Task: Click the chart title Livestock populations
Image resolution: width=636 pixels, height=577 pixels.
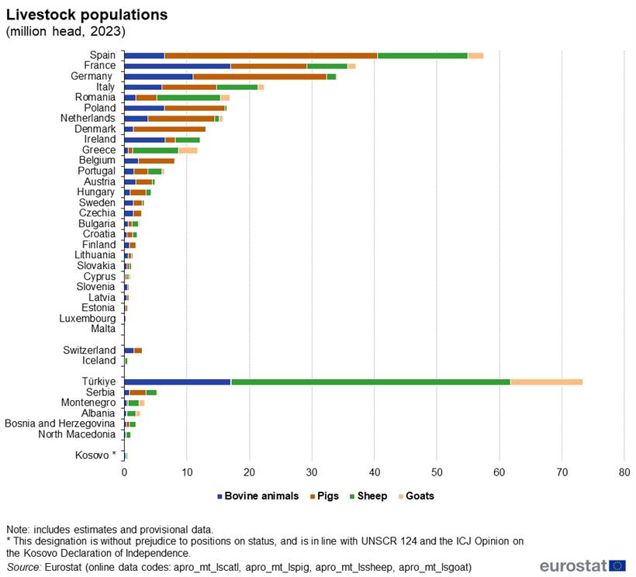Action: [x=86, y=15]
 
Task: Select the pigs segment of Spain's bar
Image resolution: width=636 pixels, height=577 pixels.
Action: [x=271, y=56]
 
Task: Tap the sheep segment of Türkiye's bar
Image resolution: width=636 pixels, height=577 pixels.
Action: [x=371, y=382]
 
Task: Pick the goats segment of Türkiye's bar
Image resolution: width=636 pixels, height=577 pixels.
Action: [x=546, y=382]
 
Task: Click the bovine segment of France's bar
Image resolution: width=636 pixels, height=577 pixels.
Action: [x=177, y=66]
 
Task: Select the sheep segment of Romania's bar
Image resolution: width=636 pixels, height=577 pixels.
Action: [x=188, y=98]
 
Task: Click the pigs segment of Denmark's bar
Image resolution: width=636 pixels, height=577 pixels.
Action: [x=169, y=129]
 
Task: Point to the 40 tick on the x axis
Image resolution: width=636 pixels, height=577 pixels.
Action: [x=375, y=472]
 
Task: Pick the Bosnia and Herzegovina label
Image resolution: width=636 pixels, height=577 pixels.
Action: [x=60, y=423]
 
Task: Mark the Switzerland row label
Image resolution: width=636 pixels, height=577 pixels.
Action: [x=89, y=351]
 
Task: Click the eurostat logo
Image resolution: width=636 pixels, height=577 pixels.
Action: [x=582, y=565]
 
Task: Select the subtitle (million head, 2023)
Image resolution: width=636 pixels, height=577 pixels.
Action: [x=65, y=31]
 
